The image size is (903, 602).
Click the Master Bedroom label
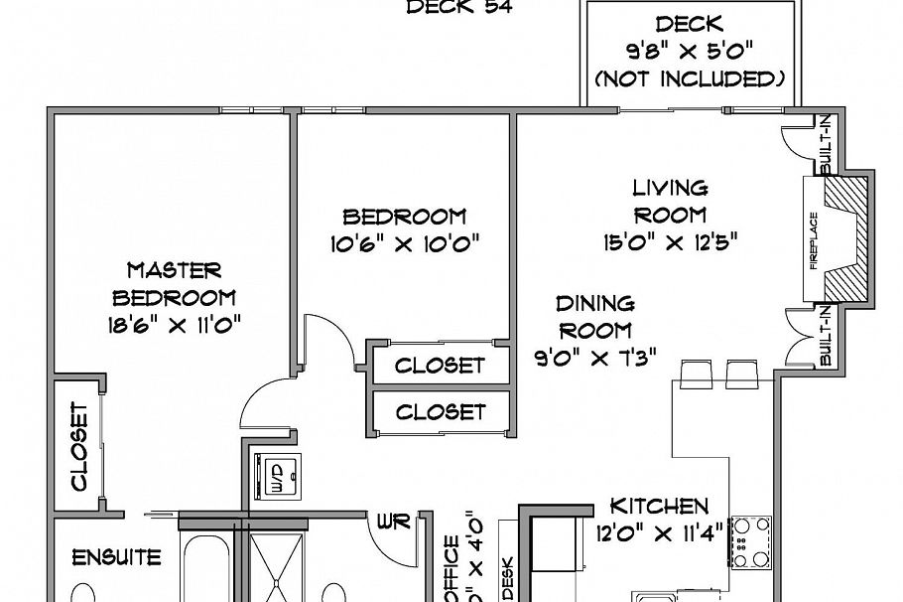(x=174, y=283)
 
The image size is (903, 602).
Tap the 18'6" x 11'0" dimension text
(x=174, y=325)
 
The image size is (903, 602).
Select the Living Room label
(x=671, y=200)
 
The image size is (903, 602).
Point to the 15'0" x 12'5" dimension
(x=671, y=241)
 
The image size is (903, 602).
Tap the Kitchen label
(x=659, y=506)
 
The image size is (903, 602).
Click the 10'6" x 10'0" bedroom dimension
(x=404, y=243)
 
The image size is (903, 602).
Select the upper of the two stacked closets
(x=440, y=365)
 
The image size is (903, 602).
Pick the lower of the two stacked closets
(x=440, y=411)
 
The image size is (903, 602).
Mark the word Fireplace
(x=815, y=240)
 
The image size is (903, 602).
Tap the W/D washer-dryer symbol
(x=277, y=474)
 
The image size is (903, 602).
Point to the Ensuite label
(x=117, y=557)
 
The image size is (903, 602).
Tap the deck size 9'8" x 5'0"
(x=690, y=51)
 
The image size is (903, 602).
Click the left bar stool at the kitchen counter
(x=696, y=374)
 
